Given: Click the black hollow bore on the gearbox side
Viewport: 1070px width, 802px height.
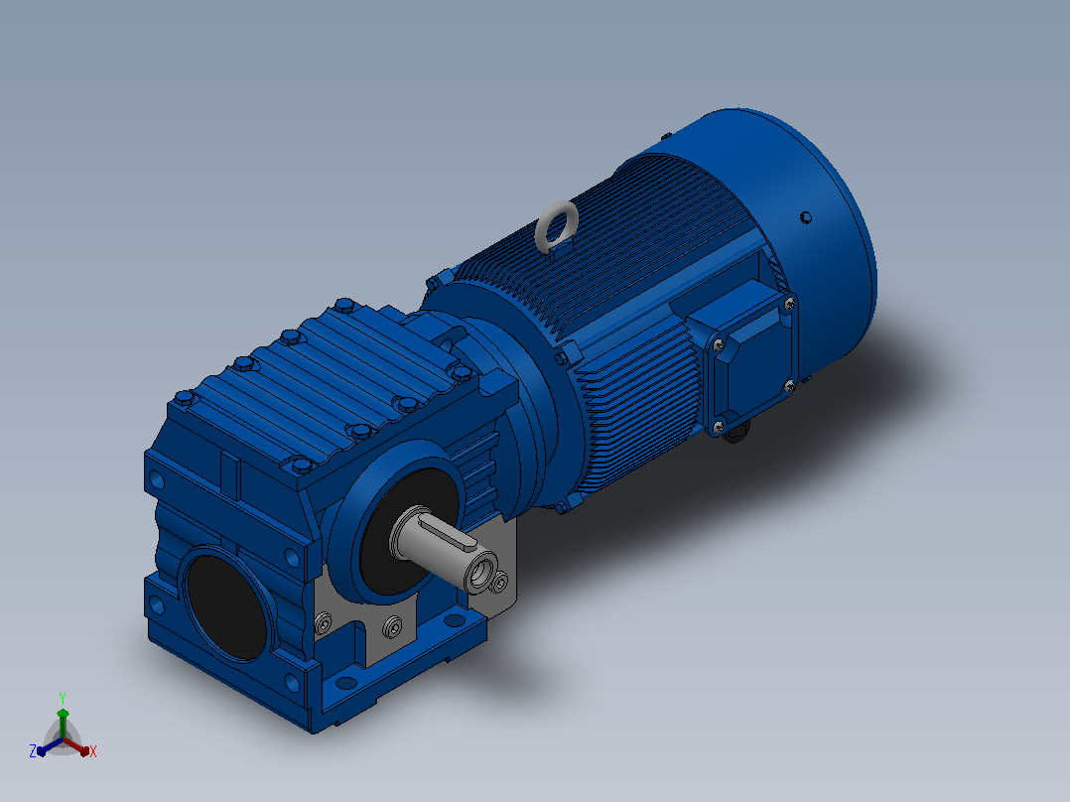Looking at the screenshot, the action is coord(226,607).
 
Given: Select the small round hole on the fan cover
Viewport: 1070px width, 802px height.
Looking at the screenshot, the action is coord(805,217).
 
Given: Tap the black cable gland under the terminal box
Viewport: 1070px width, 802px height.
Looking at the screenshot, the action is coord(736,432).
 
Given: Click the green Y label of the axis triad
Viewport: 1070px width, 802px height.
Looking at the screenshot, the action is coord(63,699).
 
